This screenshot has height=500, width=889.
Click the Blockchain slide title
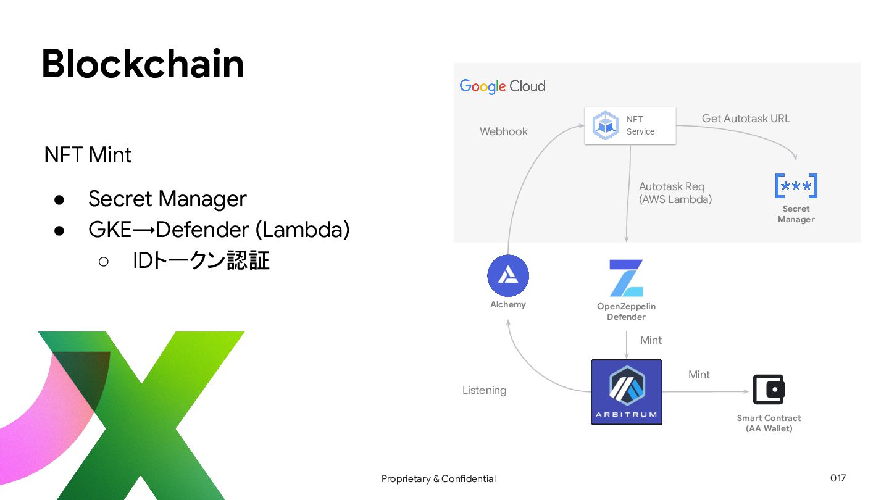(143, 64)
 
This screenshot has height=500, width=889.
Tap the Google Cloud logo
(503, 86)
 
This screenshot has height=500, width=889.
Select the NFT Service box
(630, 126)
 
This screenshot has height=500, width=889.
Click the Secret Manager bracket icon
(796, 186)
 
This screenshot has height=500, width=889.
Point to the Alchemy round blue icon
(508, 276)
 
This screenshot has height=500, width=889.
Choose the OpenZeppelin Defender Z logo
(626, 278)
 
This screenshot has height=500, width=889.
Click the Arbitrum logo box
(626, 392)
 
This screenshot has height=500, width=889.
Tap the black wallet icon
(769, 390)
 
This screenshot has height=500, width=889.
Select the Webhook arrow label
(504, 131)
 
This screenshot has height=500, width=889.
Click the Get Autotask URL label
(746, 119)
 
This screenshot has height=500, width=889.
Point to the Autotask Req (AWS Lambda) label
(675, 193)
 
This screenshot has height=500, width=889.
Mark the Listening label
(484, 390)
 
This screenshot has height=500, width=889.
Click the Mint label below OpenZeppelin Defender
(651, 340)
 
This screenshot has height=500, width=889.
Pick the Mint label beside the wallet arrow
(699, 375)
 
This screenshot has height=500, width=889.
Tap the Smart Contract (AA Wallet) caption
(769, 423)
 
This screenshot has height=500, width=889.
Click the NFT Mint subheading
(88, 155)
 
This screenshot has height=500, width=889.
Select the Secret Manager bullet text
(167, 199)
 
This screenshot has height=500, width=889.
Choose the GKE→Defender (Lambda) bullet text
(219, 230)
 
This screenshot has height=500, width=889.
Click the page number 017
(838, 478)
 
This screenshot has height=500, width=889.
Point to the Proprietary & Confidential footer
(438, 478)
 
